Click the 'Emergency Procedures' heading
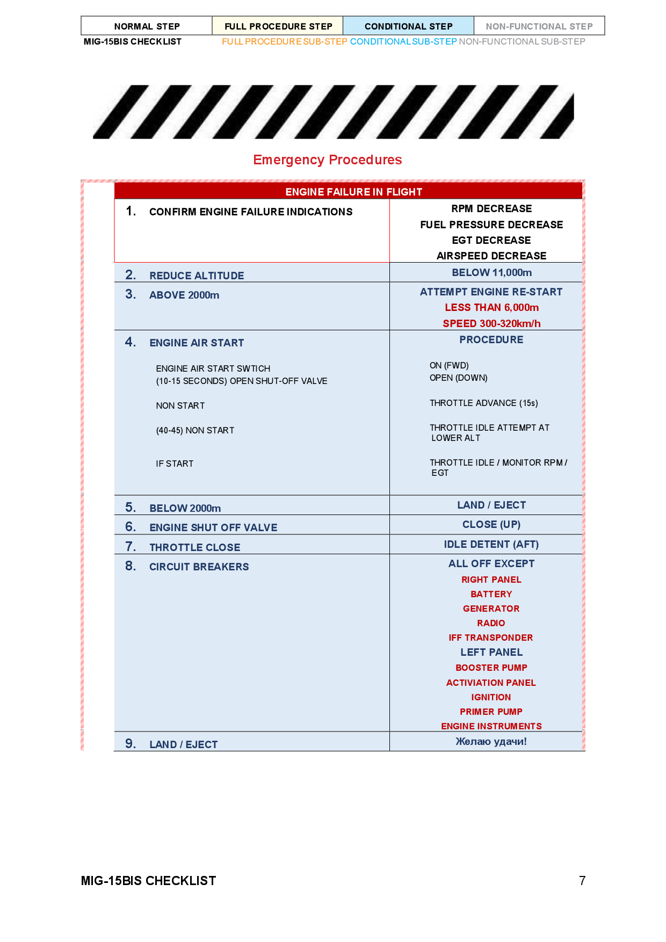327,160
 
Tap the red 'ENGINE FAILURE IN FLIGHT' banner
353,192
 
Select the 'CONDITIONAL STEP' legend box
408,26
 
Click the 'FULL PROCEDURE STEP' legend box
278,26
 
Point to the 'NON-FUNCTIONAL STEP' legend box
539,26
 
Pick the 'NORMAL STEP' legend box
147,26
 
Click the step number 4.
131,342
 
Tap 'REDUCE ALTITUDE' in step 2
197,276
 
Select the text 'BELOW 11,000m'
491,273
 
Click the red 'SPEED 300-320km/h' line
491,323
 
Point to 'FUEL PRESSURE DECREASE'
491,224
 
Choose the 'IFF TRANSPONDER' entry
491,637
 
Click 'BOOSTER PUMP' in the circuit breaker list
491,668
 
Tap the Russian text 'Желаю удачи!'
491,742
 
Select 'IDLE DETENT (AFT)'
491,544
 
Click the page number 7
582,881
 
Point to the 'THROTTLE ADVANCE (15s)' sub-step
483,403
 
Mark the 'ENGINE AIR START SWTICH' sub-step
213,368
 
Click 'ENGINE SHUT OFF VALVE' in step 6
213,527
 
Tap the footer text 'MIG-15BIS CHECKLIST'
148,881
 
